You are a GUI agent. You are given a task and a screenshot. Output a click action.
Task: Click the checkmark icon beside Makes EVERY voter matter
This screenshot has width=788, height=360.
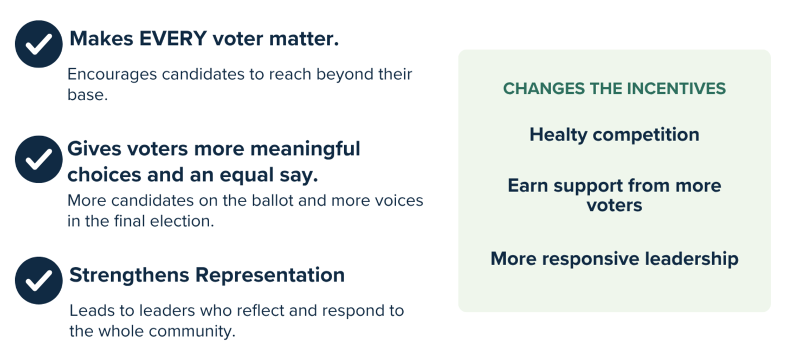[x=38, y=44]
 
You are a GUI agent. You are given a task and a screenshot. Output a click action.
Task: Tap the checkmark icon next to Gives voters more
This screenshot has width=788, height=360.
[x=38, y=159]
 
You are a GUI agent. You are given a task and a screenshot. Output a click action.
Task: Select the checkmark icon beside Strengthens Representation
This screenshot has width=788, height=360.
[x=38, y=280]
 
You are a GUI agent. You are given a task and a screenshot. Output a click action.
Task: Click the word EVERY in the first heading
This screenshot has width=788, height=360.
[x=173, y=38]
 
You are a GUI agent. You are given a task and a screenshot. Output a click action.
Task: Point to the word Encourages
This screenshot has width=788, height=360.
[x=112, y=75]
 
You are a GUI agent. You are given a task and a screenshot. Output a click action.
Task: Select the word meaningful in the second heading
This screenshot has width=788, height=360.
[x=305, y=149]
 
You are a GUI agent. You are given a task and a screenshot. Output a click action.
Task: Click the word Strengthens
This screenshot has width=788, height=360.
[x=130, y=275]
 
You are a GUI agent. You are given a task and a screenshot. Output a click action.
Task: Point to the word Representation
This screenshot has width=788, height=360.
[x=270, y=275]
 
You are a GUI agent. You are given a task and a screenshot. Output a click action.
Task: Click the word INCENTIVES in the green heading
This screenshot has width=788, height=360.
[x=676, y=88]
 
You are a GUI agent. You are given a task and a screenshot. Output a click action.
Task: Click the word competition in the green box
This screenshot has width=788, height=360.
[x=646, y=135]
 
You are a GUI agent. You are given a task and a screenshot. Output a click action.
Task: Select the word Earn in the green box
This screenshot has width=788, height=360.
[x=528, y=185]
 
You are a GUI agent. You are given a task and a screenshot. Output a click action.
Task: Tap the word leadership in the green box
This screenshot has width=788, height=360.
[x=692, y=259]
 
